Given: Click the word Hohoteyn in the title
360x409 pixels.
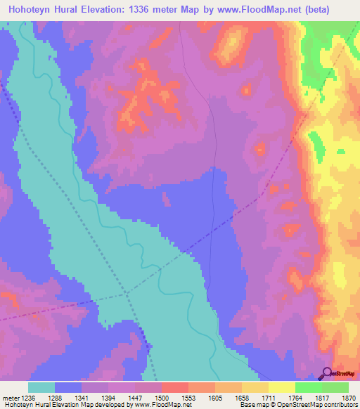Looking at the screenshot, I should coord(34,9).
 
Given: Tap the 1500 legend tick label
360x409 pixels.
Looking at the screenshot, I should coord(162,398).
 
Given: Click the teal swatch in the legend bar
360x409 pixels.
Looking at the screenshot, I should coord(41,387).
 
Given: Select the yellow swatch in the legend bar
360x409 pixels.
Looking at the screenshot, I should coord(281,387).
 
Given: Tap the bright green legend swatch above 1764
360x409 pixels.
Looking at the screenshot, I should coord(308,387).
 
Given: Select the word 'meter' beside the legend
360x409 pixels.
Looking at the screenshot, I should coord(10,398).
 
